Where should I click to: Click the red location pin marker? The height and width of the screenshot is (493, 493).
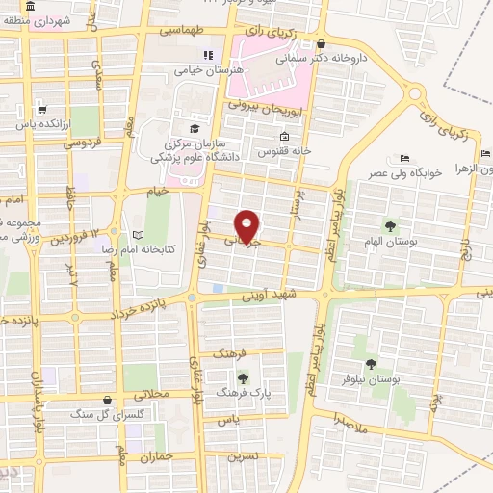click(248, 225)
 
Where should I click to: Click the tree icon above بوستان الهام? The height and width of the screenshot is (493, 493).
click(390, 225)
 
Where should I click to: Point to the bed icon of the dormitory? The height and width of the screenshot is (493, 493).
click(405, 158)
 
